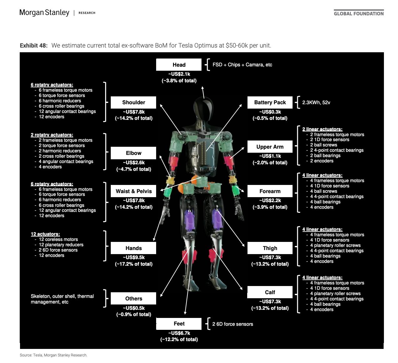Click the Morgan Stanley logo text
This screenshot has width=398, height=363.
(x=44, y=13)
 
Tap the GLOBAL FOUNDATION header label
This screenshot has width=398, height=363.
(x=359, y=13)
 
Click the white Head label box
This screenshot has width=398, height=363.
(x=179, y=65)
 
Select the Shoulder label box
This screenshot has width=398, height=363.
(x=134, y=102)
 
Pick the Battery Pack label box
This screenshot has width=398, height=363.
(x=270, y=102)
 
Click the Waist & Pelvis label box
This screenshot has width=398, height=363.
(x=134, y=191)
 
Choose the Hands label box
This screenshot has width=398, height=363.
(x=134, y=248)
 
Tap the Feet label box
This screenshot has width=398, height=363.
(x=179, y=324)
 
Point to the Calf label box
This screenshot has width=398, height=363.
(x=270, y=292)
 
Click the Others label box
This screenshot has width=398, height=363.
(x=134, y=299)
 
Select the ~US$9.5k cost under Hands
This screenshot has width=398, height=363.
(x=134, y=257)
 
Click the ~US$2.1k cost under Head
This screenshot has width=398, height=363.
(x=179, y=74)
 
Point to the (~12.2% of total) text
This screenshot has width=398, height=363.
(x=179, y=339)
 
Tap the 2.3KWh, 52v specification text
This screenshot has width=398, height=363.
(x=316, y=102)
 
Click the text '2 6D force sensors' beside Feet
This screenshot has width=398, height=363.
(x=232, y=324)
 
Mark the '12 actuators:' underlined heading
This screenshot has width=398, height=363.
(x=45, y=234)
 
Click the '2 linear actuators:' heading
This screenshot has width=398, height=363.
(x=322, y=129)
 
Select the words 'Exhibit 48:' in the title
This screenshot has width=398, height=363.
(x=34, y=45)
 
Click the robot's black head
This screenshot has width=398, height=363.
(x=203, y=105)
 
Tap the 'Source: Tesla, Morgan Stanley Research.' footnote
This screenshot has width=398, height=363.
(x=54, y=355)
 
